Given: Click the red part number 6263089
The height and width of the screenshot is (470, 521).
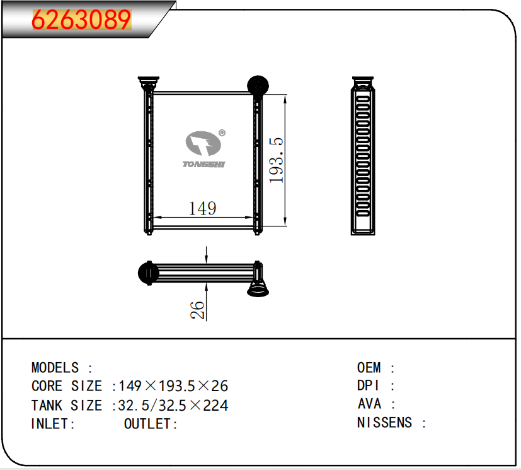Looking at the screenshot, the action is (x=81, y=20).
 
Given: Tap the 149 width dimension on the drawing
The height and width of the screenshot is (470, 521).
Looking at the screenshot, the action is (x=202, y=209).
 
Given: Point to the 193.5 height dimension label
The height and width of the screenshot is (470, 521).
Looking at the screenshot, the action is (x=276, y=160).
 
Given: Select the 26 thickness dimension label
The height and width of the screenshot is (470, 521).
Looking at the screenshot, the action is (x=197, y=310).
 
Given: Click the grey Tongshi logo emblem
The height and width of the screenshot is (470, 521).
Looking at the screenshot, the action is (x=203, y=143).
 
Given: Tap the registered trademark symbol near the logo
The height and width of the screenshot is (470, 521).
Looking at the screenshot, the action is (x=222, y=133).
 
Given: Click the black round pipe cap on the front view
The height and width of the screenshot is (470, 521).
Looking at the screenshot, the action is (x=258, y=85).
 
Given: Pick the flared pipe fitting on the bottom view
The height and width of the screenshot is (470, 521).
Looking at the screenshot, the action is (x=258, y=288).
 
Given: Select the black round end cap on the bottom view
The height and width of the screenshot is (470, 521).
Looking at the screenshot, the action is (x=148, y=273).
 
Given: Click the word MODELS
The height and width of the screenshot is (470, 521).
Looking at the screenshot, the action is (x=55, y=368).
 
